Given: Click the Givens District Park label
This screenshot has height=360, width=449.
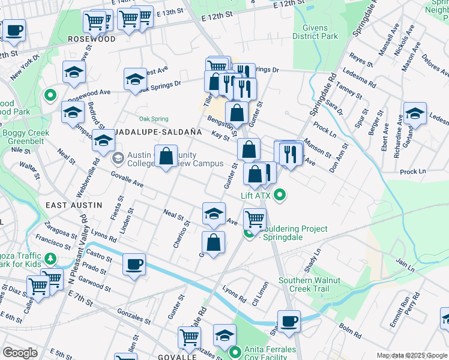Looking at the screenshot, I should pos(315,31).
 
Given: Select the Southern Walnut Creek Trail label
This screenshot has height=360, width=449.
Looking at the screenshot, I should pos(309,285).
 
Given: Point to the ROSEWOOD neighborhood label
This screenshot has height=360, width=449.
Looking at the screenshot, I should pos(91,38).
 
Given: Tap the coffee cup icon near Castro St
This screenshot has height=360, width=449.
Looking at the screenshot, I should pos(134,264).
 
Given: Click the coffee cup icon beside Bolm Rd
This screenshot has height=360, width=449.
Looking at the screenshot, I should pos(289,321).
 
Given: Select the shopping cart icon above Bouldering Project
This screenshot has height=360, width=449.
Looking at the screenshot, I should pos(255,219).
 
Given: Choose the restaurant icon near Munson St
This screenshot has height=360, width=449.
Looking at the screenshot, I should pos(291,154).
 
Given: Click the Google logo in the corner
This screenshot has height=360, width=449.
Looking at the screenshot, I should pos(20,353).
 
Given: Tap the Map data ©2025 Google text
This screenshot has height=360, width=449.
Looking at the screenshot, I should pos(411,355).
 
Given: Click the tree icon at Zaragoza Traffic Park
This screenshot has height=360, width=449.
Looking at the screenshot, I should pos(50,259).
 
